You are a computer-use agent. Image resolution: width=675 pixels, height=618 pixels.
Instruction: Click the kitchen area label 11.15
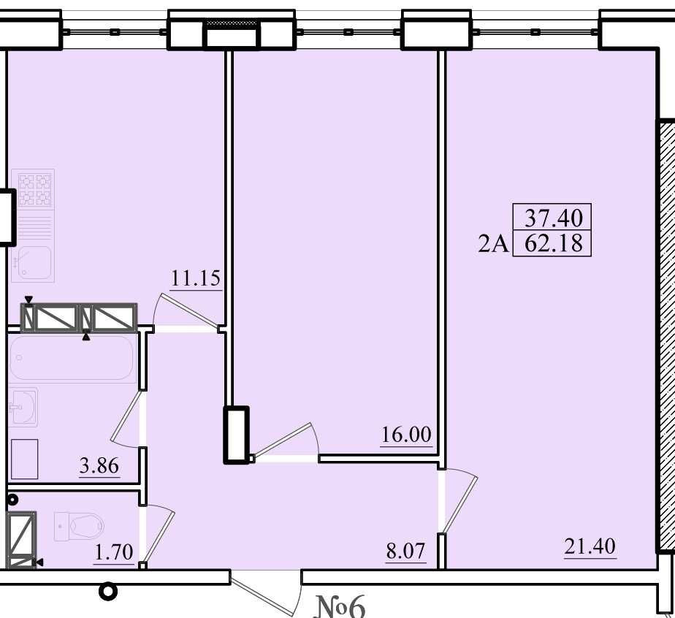(196, 278)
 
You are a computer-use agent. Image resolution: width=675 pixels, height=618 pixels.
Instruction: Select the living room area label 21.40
(590, 546)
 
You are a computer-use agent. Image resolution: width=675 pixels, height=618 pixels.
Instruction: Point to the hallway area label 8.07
(405, 551)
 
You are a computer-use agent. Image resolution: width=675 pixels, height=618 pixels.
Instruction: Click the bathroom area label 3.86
(99, 465)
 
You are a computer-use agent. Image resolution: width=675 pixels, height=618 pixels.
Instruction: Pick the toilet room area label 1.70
(114, 552)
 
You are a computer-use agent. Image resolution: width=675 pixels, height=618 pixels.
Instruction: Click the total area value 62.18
(554, 243)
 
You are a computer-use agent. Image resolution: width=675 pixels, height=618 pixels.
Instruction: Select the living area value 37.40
(554, 218)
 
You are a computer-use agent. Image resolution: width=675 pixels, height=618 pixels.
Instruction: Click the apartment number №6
(340, 606)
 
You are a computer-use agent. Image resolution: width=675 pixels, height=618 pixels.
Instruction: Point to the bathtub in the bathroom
(72, 359)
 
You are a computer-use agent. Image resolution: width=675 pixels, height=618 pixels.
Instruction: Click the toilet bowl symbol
(79, 525)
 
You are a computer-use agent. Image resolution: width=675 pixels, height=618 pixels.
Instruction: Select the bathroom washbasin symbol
(23, 407)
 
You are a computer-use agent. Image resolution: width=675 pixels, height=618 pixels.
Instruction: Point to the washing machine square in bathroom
(24, 459)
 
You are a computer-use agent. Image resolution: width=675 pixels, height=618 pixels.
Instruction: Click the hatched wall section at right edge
(666, 336)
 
